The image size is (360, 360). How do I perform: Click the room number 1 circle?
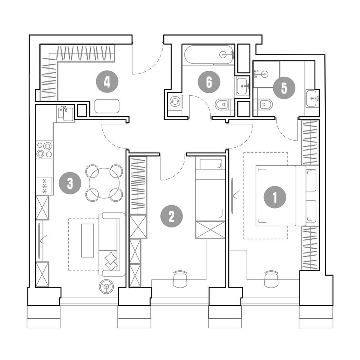tap(275, 197)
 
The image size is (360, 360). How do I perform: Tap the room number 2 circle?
tap(171, 216)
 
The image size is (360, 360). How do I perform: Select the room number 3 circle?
tap(70, 183)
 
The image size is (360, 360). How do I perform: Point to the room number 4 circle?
tap(107, 82)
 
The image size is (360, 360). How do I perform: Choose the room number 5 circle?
tap(284, 88)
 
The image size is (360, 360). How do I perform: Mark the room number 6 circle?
tap(209, 82)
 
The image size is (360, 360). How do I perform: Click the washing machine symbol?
tap(175, 102)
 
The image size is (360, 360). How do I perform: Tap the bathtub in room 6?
tap(209, 55)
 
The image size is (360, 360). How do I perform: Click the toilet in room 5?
tap(263, 105)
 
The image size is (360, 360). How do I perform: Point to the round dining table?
tap(104, 183)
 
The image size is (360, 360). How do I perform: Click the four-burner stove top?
tap(45, 150)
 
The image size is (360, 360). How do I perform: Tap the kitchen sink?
tap(65, 113)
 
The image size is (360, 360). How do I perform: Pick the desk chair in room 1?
tap(271, 279)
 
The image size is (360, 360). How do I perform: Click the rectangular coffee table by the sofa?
tap(88, 241)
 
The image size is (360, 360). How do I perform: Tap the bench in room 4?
tap(107, 106)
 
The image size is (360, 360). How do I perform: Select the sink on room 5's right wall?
tap(312, 99)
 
